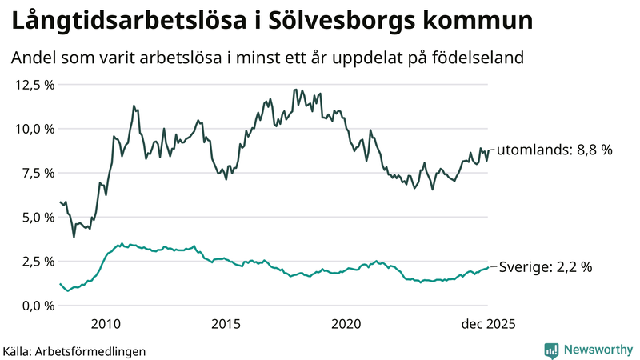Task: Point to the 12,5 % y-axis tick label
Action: [x=34, y=85]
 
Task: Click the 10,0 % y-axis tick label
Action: [x=34, y=129]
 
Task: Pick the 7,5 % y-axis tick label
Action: [x=37, y=173]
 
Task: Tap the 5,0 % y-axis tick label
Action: [x=37, y=217]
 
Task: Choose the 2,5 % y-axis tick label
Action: [x=37, y=262]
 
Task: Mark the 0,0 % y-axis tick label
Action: [x=37, y=306]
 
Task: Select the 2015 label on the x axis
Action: [x=226, y=324]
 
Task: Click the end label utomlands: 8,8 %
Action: [x=554, y=150]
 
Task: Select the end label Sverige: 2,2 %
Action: [x=546, y=268]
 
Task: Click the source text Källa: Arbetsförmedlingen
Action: [x=74, y=351]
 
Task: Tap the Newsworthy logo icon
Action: [x=551, y=350]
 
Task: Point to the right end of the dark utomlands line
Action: [x=488, y=150]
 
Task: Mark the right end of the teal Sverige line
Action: [x=488, y=267]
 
